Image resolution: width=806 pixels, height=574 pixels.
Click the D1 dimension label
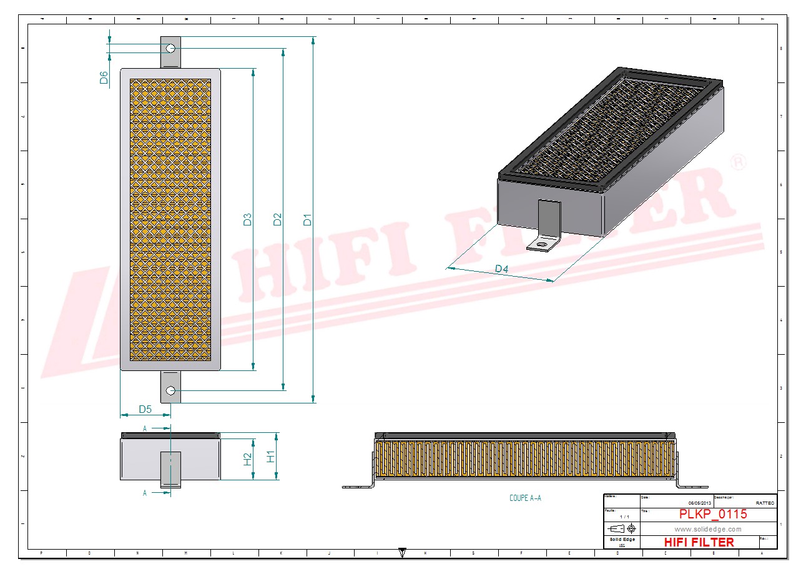click(307, 220)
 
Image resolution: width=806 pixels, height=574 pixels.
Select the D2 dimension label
click(278, 220)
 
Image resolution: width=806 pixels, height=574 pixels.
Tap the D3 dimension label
click(248, 220)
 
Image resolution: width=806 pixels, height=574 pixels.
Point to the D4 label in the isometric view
click(501, 269)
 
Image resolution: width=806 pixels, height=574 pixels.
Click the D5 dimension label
click(145, 409)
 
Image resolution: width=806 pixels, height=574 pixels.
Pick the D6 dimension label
click(104, 77)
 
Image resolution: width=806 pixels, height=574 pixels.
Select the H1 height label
click(271, 457)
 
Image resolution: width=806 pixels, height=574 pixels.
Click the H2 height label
click(247, 460)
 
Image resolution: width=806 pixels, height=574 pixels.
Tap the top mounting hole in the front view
click(170, 48)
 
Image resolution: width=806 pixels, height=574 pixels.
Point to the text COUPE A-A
click(525, 498)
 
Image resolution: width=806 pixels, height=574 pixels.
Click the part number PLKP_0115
click(713, 515)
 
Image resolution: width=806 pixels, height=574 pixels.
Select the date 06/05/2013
click(699, 503)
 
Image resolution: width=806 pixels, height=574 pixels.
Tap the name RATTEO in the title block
click(765, 503)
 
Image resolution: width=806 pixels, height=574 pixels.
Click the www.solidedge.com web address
click(708, 529)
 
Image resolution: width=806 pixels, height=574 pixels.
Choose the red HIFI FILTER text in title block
click(699, 542)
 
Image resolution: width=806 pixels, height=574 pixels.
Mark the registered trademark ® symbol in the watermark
click(737, 162)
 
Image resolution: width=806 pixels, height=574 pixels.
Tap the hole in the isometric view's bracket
click(541, 243)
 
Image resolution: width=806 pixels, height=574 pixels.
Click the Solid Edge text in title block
click(622, 540)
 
